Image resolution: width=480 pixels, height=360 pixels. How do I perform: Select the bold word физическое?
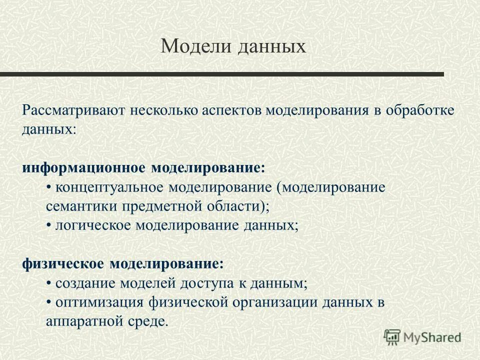pos(62,263)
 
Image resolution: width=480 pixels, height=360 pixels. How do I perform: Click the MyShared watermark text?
pos(433,336)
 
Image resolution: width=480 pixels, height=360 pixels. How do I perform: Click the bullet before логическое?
pos(48,225)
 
